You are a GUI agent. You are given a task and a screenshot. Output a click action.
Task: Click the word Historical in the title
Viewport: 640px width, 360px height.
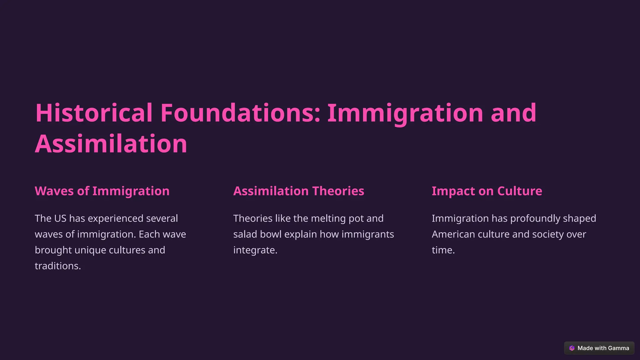point(94,113)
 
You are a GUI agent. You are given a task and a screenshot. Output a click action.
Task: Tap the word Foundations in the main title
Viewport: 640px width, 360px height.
point(240,113)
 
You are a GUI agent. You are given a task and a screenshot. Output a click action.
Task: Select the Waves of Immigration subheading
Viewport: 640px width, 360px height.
point(102,191)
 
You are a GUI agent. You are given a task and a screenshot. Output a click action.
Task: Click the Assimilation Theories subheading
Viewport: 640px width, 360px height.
point(298,191)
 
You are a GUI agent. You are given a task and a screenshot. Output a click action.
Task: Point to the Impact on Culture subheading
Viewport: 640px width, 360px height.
point(487,191)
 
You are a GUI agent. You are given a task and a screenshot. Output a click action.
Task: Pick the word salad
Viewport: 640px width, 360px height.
point(245,234)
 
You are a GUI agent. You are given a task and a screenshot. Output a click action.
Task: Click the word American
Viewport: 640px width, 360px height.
point(453,234)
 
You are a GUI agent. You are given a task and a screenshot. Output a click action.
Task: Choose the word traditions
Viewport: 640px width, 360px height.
point(57,266)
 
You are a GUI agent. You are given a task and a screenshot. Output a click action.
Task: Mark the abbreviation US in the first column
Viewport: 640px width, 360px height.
point(60,218)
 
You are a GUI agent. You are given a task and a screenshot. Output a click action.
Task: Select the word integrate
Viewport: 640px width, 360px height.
point(255,250)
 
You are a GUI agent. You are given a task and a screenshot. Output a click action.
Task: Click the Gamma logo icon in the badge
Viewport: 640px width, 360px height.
point(572,348)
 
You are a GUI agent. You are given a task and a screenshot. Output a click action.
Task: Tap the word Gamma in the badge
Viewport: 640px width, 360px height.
point(618,348)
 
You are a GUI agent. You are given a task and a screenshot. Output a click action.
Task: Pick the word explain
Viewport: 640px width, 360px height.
point(300,234)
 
